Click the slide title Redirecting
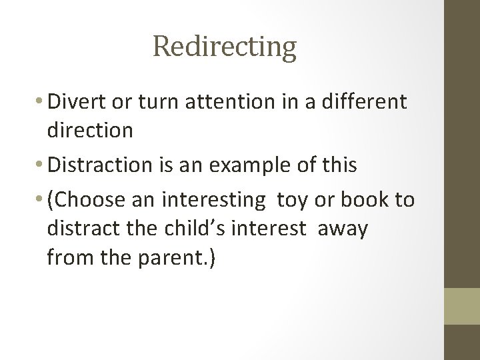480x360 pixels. pyautogui.click(x=224, y=47)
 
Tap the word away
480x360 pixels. pyautogui.click(x=343, y=229)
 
